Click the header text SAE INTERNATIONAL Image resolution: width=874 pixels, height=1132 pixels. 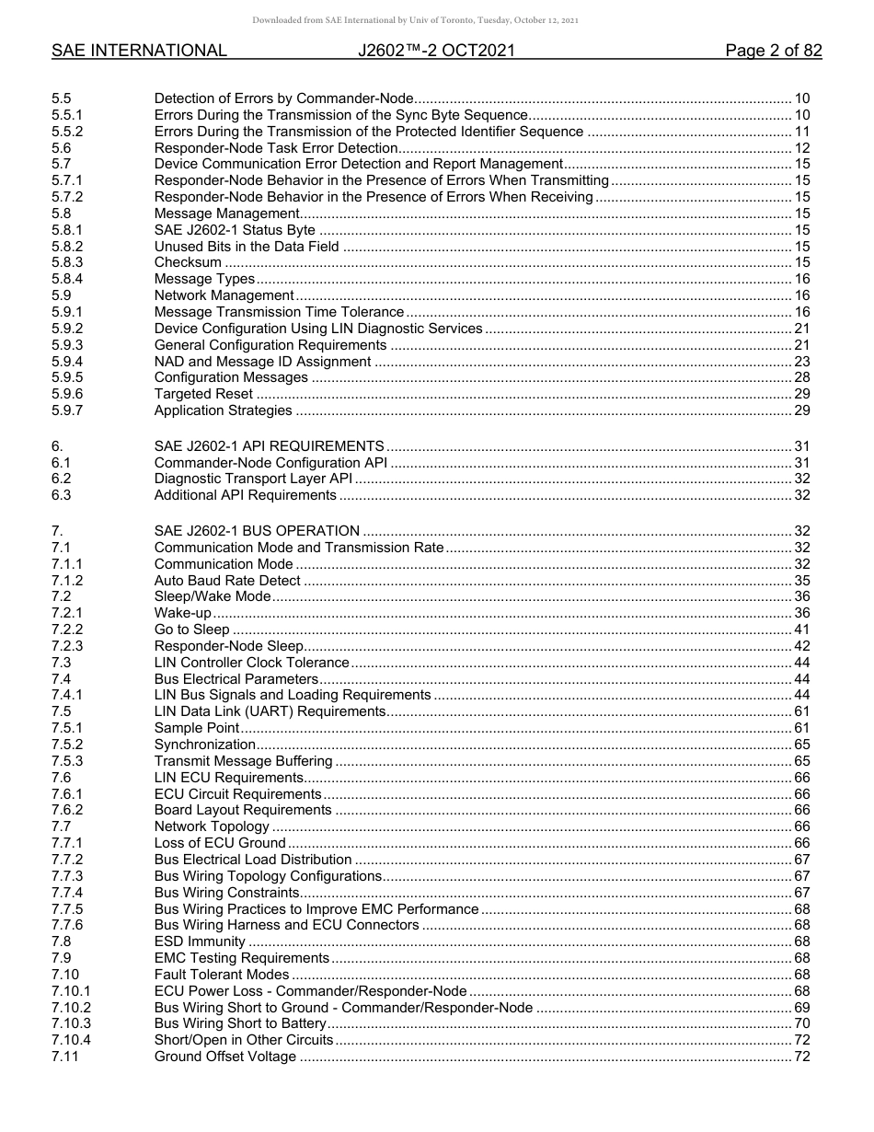[139, 51]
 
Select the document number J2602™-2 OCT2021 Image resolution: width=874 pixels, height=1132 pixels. [436, 51]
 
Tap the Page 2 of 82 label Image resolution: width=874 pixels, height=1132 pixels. [773, 51]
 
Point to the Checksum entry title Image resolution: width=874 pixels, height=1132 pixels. [188, 262]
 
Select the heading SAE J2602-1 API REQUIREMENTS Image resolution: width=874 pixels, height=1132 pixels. [269, 446]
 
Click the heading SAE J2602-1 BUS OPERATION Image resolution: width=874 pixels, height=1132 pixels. [257, 531]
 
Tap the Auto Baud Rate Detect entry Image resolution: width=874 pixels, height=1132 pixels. [227, 581]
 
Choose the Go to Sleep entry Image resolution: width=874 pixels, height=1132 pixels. [191, 630]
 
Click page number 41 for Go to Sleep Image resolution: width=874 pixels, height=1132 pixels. [801, 630]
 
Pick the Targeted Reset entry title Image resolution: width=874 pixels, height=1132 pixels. [203, 394]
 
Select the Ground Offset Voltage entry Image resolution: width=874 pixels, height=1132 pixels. [225, 1057]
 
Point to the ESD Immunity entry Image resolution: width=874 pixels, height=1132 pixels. [200, 941]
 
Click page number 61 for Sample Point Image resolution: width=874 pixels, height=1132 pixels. [801, 728]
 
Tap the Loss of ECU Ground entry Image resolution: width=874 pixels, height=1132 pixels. [220, 843]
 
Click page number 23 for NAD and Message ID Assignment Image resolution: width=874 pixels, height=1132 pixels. [801, 362]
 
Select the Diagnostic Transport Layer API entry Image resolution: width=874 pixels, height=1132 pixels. [253, 479]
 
